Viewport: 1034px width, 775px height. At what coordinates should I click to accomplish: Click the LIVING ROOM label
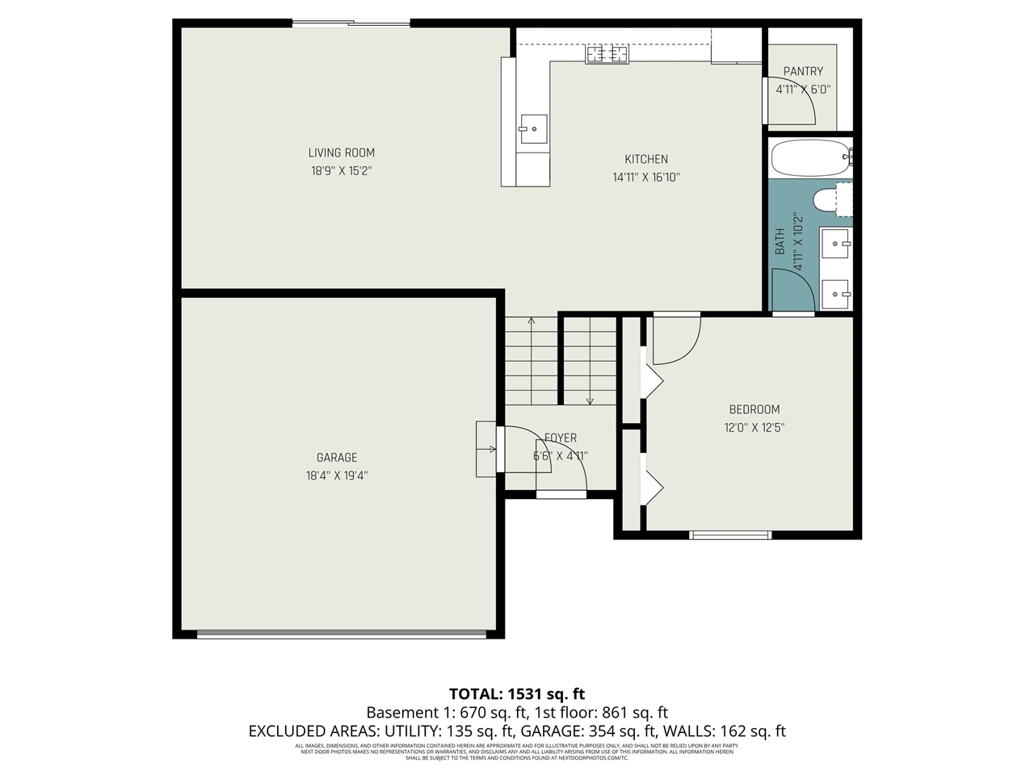tap(341, 153)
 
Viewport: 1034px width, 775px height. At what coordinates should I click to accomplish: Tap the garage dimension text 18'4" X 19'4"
tap(337, 476)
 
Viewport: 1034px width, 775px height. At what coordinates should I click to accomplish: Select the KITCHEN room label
tap(645, 159)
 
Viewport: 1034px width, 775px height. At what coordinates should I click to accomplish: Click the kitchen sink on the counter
tap(533, 128)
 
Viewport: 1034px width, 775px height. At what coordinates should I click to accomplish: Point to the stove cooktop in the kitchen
tap(607, 54)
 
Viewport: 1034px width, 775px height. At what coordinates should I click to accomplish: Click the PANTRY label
tap(803, 72)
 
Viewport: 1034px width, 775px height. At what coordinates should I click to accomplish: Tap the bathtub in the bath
tap(810, 158)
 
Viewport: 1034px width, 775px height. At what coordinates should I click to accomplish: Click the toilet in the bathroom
tap(831, 200)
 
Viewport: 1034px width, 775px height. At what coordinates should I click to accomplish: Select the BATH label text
tap(780, 241)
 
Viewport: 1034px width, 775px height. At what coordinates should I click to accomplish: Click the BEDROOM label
tap(754, 409)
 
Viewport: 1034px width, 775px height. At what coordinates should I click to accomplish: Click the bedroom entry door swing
tap(675, 339)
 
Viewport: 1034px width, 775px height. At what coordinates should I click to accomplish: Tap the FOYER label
tap(561, 438)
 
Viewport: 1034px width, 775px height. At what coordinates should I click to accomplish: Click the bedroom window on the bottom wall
tap(730, 534)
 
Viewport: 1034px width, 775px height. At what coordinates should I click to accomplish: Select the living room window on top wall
tap(351, 23)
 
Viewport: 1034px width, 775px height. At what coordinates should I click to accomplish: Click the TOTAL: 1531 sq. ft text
tap(517, 693)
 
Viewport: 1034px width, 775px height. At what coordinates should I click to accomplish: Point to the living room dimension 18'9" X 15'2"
tap(341, 171)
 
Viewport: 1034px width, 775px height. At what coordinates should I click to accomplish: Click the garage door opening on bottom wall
tap(342, 635)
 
